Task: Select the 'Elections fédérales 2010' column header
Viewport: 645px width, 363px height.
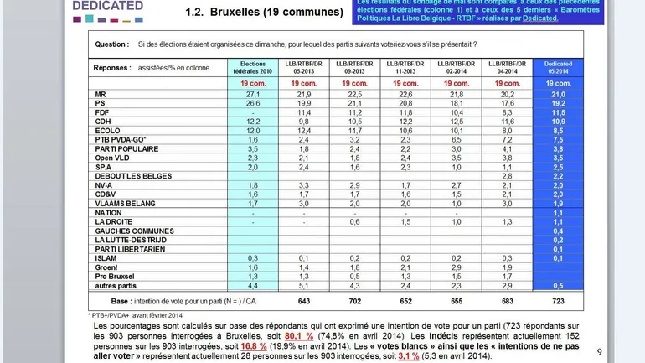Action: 252,66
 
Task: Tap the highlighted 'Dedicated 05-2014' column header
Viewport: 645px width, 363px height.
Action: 558,66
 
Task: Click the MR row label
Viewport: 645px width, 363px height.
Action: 100,95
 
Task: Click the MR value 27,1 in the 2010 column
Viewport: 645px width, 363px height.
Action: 253,95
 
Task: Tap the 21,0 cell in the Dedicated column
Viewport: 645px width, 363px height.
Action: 558,95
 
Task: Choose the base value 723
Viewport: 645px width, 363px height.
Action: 558,301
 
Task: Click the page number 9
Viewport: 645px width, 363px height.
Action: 599,352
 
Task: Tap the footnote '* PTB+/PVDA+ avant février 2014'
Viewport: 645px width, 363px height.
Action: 141,314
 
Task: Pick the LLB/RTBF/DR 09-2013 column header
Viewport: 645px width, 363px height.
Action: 354,66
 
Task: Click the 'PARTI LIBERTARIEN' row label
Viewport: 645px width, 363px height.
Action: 126,249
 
